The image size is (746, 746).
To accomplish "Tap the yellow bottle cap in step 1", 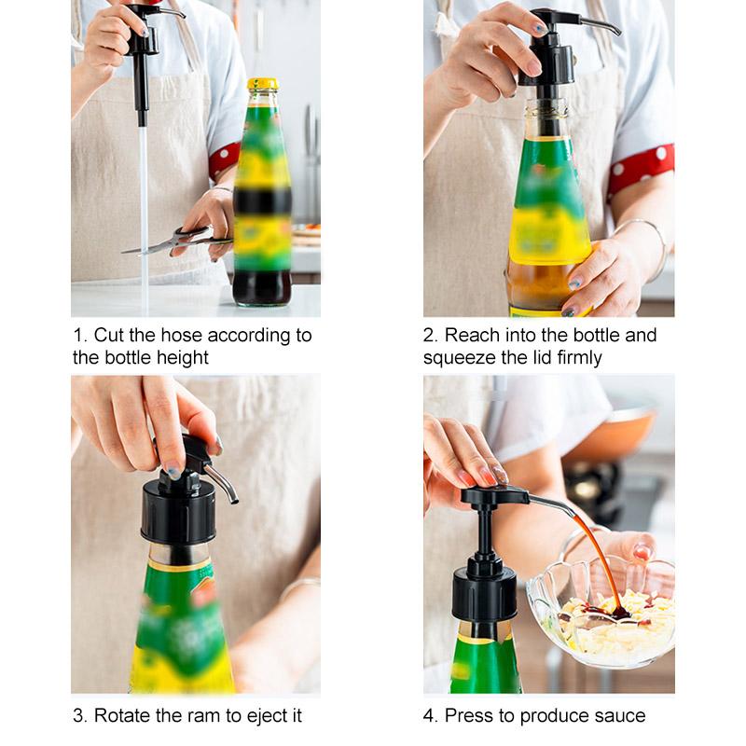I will pyautogui.click(x=262, y=84).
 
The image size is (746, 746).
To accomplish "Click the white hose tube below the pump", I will pyautogui.click(x=144, y=214).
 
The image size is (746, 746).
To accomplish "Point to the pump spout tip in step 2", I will pyautogui.click(x=616, y=32).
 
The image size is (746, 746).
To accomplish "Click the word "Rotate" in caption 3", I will pyautogui.click(x=124, y=716).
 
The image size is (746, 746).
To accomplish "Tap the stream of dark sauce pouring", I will pyautogui.click(x=597, y=559).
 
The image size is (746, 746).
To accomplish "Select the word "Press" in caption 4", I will pyautogui.click(x=468, y=716).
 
